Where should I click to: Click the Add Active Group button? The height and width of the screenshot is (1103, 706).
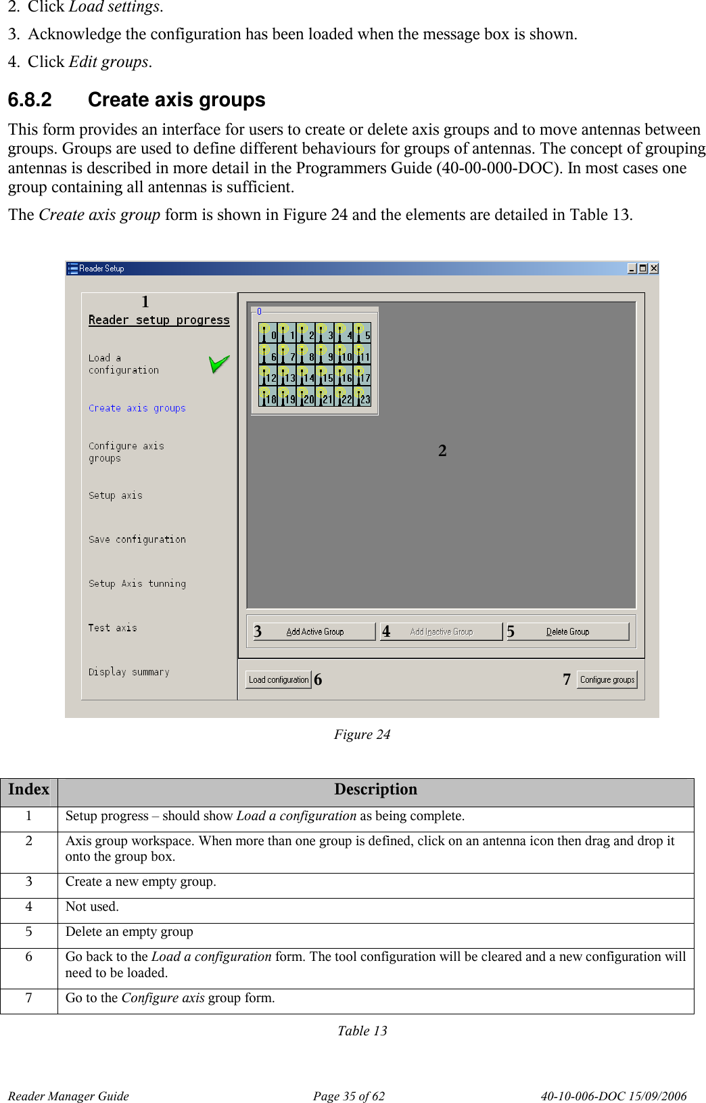[315, 631]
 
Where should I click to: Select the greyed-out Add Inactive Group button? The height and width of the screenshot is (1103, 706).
[442, 631]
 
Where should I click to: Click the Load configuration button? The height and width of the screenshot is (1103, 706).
[279, 679]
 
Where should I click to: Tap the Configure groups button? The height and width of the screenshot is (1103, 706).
[607, 679]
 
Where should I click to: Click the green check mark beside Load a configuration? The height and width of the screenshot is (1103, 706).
[218, 365]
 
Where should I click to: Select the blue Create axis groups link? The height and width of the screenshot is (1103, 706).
[137, 408]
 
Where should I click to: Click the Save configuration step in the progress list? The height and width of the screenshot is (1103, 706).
[137, 539]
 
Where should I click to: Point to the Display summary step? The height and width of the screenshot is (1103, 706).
[129, 672]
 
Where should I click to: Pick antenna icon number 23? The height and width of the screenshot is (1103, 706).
[362, 398]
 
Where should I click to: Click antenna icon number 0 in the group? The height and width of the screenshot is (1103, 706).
[268, 333]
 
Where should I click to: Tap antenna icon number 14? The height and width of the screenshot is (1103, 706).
[306, 376]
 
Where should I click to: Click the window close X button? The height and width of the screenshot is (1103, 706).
[653, 269]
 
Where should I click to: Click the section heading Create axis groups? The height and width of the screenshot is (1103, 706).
[176, 100]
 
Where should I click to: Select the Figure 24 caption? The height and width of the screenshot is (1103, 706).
[362, 734]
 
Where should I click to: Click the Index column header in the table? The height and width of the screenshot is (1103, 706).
[29, 790]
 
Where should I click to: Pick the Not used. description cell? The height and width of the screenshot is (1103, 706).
[92, 907]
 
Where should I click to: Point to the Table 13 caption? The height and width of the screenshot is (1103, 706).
[362, 1031]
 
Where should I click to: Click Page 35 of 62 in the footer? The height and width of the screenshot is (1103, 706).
[348, 1096]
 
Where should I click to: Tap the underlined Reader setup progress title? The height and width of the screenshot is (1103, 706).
[159, 320]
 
